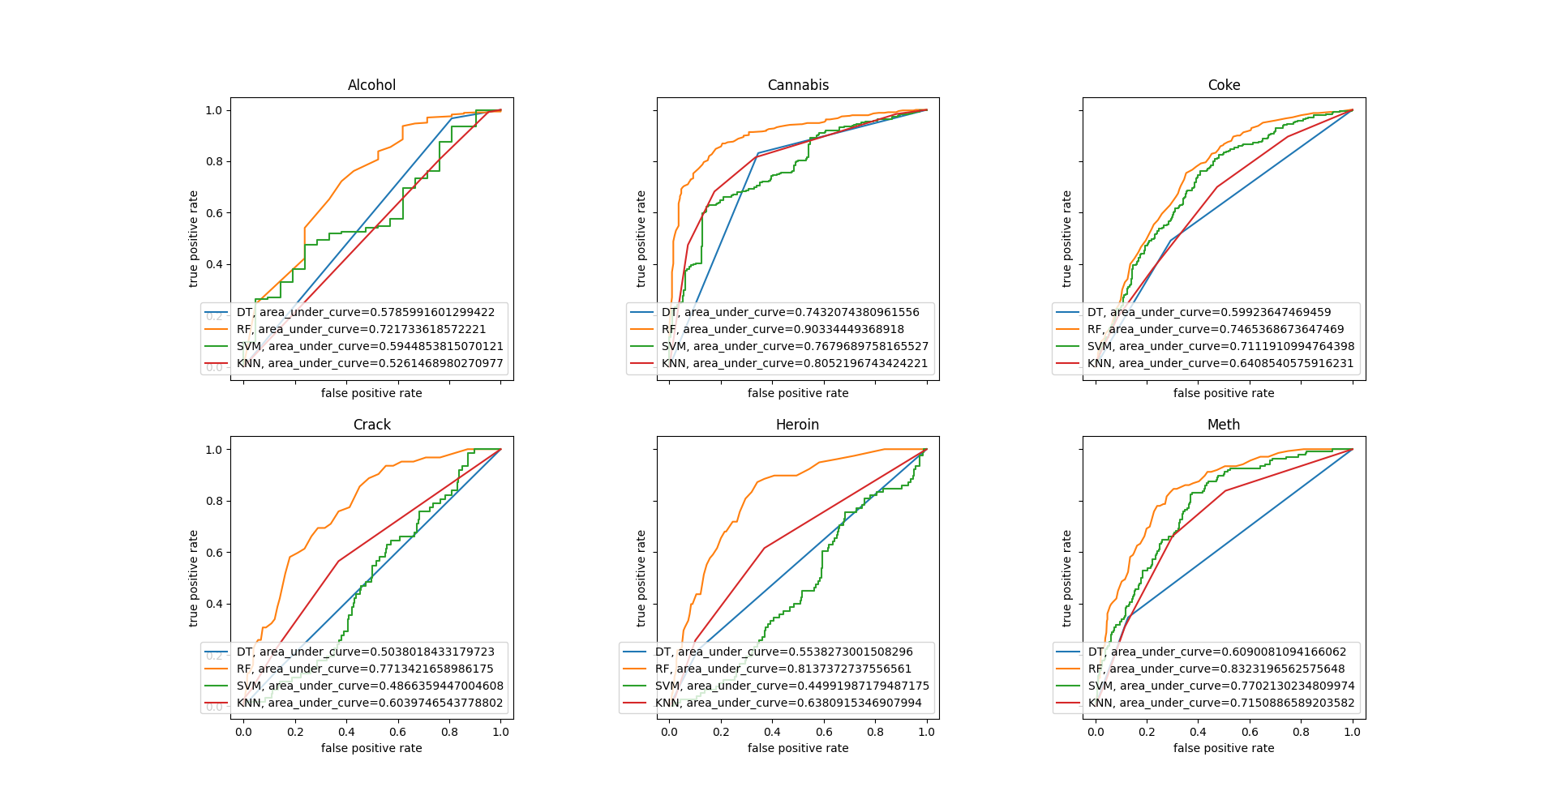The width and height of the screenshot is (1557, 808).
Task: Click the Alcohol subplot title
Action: click(371, 85)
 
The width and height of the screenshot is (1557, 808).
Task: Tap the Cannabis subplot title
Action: click(798, 85)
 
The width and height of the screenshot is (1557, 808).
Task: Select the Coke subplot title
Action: click(1224, 85)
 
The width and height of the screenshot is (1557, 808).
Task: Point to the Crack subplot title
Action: click(371, 425)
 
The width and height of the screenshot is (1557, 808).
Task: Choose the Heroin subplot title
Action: click(797, 425)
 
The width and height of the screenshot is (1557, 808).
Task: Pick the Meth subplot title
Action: click(1223, 425)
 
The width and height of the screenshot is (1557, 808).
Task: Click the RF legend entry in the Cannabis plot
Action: click(782, 329)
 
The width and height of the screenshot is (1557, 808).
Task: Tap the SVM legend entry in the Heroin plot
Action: click(791, 686)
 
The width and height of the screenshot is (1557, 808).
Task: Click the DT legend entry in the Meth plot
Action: click(1216, 652)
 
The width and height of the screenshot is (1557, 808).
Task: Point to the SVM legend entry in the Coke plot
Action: click(1220, 346)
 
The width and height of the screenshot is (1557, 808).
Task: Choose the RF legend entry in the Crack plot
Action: click(365, 669)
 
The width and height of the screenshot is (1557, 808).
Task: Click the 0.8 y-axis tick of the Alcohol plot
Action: click(213, 161)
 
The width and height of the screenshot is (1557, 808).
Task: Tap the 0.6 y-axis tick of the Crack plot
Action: click(213, 553)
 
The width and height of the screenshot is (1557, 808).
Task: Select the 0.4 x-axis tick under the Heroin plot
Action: click(772, 732)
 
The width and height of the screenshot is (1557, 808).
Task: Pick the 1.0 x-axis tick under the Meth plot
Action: click(1352, 732)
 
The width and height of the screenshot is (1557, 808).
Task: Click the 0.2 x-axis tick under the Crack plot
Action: click(294, 732)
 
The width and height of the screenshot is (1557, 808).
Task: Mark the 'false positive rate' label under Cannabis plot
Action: click(798, 393)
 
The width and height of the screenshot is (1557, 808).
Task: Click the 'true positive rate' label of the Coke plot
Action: click(1067, 239)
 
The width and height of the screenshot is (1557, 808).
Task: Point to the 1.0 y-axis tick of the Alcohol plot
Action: click(213, 110)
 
